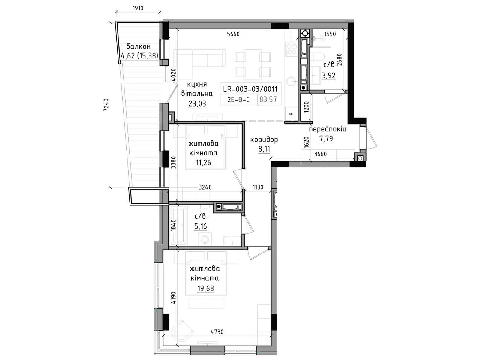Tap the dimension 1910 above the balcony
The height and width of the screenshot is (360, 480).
coord(138,8)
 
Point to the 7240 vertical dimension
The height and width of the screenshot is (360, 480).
coord(106,105)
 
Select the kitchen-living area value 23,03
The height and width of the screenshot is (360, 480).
coord(197,103)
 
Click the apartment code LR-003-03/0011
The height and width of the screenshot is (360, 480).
coord(250,89)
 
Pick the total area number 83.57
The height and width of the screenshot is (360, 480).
coord(268,100)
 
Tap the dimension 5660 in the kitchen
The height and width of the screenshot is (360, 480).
coord(233,34)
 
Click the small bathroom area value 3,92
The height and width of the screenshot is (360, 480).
coord(329,76)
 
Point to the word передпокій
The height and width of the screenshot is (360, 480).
coord(328,129)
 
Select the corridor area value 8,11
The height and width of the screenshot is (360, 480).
coord(264,149)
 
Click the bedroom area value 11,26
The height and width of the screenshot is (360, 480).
coord(203,163)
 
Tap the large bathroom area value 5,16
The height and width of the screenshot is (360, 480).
coord(200,226)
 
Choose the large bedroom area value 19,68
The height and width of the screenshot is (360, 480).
coord(205,289)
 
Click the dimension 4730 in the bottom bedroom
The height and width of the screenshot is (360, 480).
coord(217,332)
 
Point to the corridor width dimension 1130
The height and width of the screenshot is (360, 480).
coord(258,187)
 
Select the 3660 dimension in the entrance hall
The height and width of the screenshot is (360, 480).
coord(320,154)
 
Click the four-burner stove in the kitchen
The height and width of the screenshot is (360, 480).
coord(291,49)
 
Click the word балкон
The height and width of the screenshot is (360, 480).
coord(138,46)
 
